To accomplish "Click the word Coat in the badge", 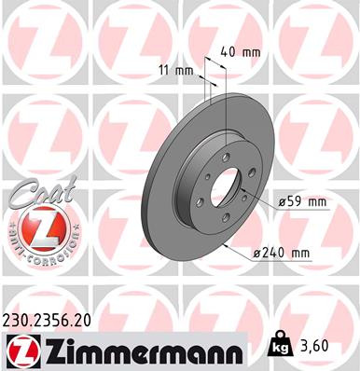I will (32, 196).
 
